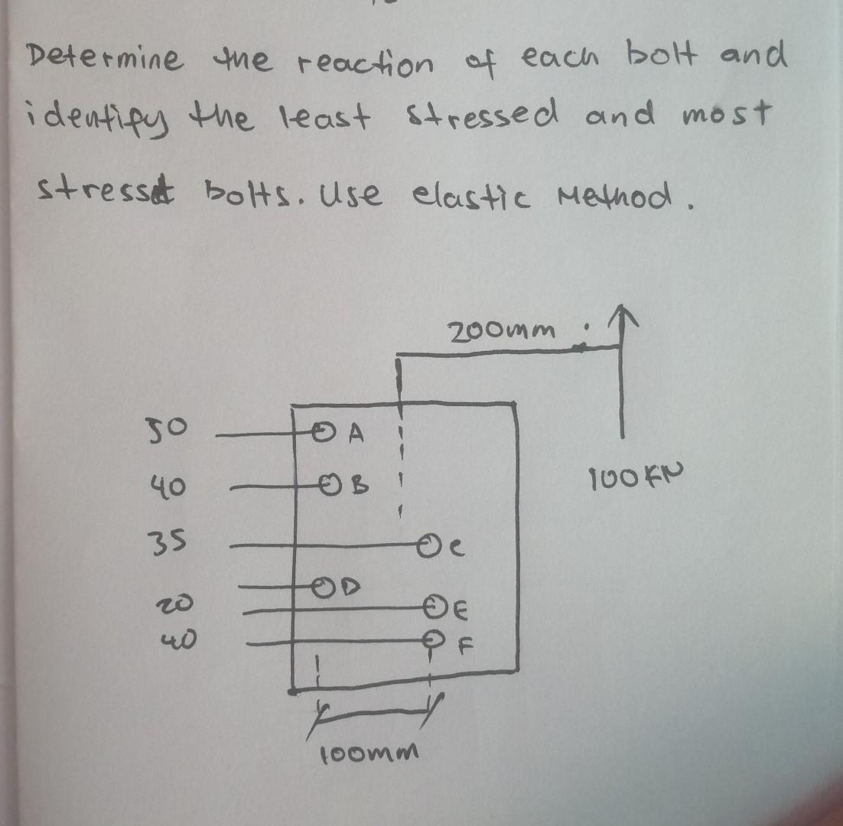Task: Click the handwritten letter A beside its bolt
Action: [354, 434]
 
